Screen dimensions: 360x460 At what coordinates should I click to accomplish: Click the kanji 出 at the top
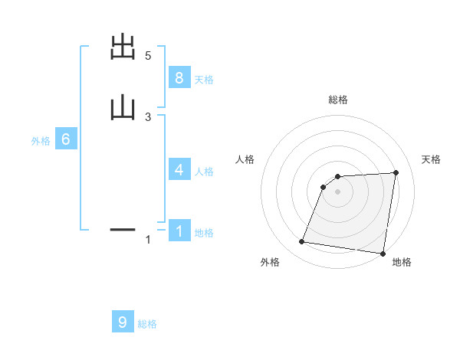tap(123, 48)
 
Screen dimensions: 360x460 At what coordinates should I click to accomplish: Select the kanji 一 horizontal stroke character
tap(123, 229)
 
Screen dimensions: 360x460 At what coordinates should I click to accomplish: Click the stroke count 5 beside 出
tap(148, 56)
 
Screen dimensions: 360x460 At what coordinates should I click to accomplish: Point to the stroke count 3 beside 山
tap(148, 116)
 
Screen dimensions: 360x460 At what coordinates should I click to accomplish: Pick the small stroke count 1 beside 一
tap(148, 240)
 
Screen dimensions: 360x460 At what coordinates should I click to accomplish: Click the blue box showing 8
tap(179, 77)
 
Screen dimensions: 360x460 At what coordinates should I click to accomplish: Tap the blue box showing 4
tap(179, 170)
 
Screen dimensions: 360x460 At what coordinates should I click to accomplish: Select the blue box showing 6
tap(66, 139)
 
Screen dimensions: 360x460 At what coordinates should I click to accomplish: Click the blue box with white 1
tap(179, 231)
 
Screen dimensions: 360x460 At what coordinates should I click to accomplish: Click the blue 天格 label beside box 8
tap(204, 79)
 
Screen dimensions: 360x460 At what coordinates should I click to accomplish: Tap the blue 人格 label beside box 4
tap(204, 172)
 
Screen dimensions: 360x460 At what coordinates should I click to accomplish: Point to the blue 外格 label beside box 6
tap(41, 141)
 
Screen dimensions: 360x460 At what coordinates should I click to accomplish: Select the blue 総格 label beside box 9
tap(147, 324)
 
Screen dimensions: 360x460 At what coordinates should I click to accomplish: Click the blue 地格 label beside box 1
tap(204, 233)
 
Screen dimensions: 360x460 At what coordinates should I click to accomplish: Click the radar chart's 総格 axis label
tap(338, 100)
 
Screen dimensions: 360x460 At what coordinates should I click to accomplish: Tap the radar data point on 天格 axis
tap(396, 172)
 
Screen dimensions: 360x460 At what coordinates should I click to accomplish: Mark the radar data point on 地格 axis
tap(382, 253)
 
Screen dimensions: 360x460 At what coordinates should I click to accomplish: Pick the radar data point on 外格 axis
tap(302, 242)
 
